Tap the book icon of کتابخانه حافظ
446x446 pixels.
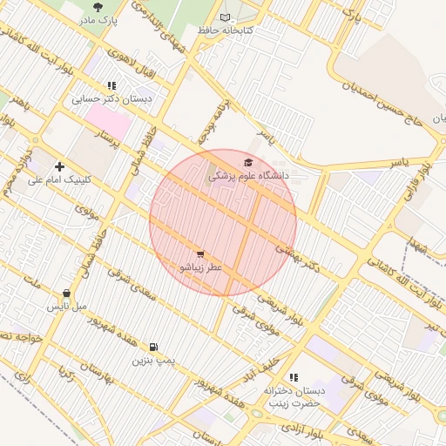click(226, 17)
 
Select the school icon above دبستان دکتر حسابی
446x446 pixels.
click(111, 85)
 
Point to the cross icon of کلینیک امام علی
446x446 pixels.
click(59, 166)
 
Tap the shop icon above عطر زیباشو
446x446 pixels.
click(201, 253)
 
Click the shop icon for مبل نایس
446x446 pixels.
click(67, 294)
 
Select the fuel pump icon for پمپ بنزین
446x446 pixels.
click(154, 347)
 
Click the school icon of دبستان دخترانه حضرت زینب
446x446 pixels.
click(293, 377)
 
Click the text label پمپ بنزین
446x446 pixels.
click(154, 360)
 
